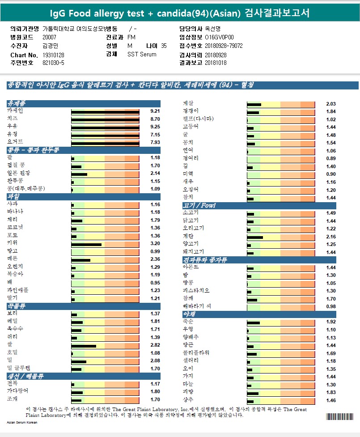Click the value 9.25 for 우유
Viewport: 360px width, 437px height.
[155, 127]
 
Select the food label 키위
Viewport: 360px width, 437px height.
[13, 244]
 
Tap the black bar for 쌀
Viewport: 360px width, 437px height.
[84, 346]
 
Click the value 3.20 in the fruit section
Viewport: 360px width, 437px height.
[155, 244]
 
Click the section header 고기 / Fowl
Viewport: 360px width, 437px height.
[199, 205]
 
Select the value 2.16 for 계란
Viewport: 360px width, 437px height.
[331, 237]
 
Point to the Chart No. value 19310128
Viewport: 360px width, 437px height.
[53, 55]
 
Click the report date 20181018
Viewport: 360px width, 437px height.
[216, 63]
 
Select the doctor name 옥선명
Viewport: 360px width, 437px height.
[213, 29]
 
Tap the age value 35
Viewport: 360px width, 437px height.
[164, 46]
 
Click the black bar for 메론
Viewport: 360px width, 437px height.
[81, 260]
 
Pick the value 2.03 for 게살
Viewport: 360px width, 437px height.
[331, 104]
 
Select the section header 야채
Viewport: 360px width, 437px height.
[189, 314]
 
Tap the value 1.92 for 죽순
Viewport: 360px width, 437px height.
[331, 322]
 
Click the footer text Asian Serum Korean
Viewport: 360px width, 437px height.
[22, 422]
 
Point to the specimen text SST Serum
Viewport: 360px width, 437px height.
[142, 55]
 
